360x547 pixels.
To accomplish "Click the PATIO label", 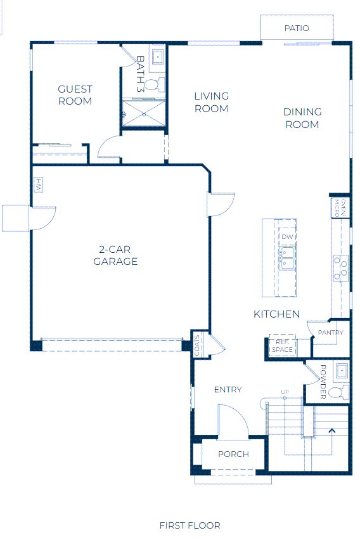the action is pyautogui.click(x=297, y=29).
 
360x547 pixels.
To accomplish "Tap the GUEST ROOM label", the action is pyautogui.click(x=75, y=95).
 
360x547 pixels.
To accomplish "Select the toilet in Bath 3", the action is pyautogui.click(x=155, y=84).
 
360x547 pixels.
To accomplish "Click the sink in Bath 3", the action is pyautogui.click(x=158, y=56).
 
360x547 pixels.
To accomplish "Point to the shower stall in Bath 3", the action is pyautogui.click(x=143, y=113).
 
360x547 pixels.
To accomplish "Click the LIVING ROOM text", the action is pyautogui.click(x=212, y=102).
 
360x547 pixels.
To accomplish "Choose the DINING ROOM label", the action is pyautogui.click(x=302, y=119).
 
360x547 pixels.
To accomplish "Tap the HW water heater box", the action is pyautogui.click(x=39, y=185).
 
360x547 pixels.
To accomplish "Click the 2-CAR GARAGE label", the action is pyautogui.click(x=115, y=255).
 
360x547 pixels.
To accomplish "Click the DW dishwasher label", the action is pyautogui.click(x=287, y=237).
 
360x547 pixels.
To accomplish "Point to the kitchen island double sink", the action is pyautogui.click(x=288, y=258).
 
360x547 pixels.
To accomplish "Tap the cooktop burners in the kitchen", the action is pyautogui.click(x=341, y=268).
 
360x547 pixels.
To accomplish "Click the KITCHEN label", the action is pyautogui.click(x=276, y=314).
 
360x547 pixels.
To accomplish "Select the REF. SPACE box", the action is pyautogui.click(x=282, y=345).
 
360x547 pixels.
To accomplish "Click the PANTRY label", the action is pyautogui.click(x=330, y=333).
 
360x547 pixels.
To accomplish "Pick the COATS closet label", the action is pyautogui.click(x=196, y=345).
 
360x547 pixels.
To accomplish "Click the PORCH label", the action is pyautogui.click(x=233, y=454).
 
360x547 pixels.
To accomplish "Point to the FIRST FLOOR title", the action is pyautogui.click(x=190, y=525).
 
